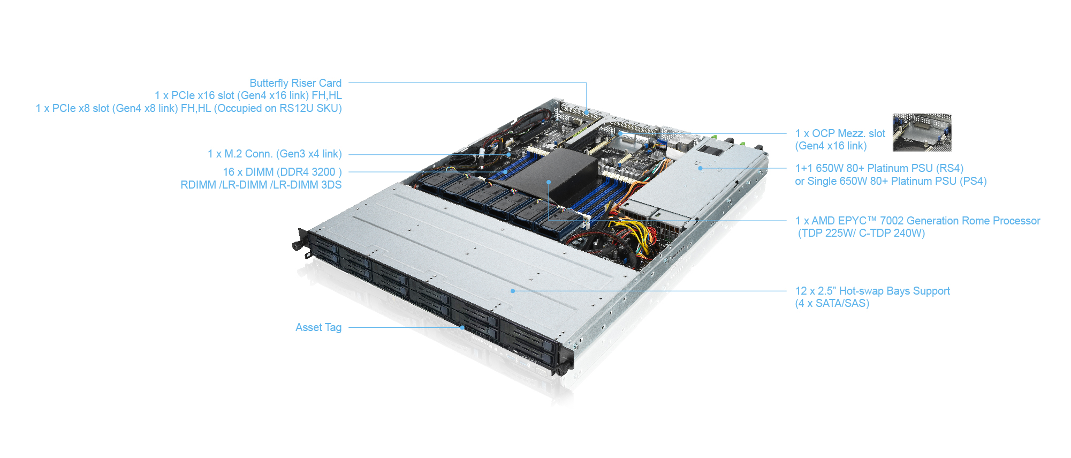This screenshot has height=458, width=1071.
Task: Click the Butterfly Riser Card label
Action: click(295, 83)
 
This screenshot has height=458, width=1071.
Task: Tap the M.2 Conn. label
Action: click(275, 154)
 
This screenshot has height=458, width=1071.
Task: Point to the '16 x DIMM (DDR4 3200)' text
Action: click(282, 172)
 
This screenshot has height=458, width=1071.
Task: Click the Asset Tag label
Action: click(318, 327)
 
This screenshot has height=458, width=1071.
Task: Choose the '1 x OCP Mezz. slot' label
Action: click(840, 133)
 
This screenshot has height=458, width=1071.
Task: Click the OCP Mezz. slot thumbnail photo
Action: click(922, 132)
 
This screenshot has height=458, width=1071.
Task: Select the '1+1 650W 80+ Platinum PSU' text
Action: click(879, 168)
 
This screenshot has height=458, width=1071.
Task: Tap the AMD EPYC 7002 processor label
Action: click(918, 221)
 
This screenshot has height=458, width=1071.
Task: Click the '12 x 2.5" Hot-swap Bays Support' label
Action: click(872, 291)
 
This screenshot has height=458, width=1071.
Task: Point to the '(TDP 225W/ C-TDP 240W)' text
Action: click(861, 233)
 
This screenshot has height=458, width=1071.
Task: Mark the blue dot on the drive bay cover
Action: click(513, 291)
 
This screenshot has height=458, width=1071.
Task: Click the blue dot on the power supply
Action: click(700, 168)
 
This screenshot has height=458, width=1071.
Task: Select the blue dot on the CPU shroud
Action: click(549, 182)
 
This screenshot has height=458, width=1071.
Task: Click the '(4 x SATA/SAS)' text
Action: click(832, 303)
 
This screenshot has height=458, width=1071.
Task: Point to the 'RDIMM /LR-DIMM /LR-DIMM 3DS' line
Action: click(261, 185)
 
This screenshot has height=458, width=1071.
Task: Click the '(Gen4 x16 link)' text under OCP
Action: click(831, 146)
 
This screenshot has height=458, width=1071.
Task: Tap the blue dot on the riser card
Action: click(587, 112)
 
